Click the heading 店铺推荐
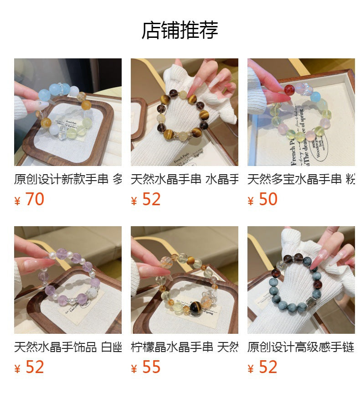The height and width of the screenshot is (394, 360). (x=180, y=30)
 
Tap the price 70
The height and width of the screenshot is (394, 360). (x=35, y=199)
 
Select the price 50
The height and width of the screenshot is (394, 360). (x=268, y=199)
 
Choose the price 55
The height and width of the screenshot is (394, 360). (x=151, y=367)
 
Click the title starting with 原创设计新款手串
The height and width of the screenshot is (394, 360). (x=68, y=179)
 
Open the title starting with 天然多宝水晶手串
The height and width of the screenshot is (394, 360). (x=301, y=179)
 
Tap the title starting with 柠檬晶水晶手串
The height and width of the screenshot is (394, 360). (x=184, y=347)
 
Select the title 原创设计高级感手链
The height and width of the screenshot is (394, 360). (x=301, y=347)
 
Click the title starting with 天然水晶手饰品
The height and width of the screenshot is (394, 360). (x=68, y=347)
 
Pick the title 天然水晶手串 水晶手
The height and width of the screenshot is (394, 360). (x=184, y=179)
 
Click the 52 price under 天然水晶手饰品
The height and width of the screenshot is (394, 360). (x=35, y=367)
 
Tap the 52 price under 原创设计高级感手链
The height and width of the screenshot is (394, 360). (x=268, y=367)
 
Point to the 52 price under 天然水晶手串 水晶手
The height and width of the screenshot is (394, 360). (x=151, y=199)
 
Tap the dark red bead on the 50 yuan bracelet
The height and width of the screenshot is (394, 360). (x=289, y=89)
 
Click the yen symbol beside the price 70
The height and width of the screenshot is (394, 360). (x=17, y=201)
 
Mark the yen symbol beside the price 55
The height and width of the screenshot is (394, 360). (x=134, y=368)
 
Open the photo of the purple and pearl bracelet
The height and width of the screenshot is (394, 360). (x=68, y=280)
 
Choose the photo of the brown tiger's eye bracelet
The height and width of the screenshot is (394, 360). (x=184, y=112)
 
